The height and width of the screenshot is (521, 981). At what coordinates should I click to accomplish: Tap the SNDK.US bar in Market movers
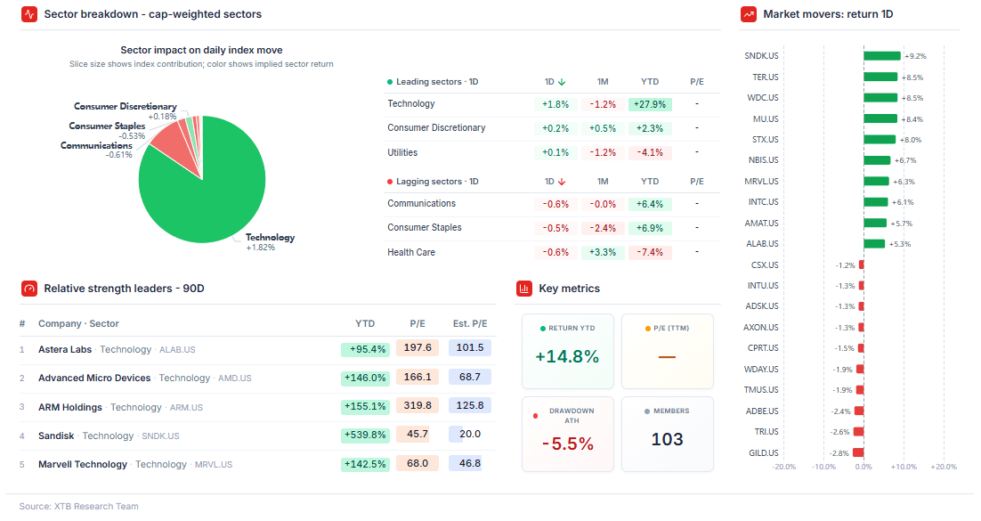click(x=882, y=56)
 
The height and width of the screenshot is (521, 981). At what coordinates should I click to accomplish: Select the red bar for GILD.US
click(x=858, y=452)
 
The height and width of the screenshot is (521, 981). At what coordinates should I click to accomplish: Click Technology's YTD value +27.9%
click(x=650, y=104)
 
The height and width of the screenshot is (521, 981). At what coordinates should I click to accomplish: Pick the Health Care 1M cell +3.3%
click(x=603, y=252)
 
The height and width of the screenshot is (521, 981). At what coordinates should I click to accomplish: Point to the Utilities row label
click(x=402, y=152)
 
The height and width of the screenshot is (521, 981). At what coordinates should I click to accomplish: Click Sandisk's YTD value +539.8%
click(x=365, y=435)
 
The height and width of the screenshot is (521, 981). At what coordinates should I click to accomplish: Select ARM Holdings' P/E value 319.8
click(x=418, y=406)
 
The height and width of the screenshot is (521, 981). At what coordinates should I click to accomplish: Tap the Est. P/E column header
click(x=470, y=324)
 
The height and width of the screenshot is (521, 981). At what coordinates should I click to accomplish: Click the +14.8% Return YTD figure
click(x=567, y=356)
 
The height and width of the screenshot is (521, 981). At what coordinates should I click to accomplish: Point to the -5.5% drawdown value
click(x=567, y=444)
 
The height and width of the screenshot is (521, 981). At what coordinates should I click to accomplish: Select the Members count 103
click(x=667, y=440)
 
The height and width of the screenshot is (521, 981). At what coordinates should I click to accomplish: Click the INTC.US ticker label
click(x=763, y=201)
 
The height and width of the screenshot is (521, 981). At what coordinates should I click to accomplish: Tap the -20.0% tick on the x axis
click(x=784, y=467)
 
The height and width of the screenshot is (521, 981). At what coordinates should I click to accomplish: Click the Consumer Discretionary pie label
click(x=126, y=107)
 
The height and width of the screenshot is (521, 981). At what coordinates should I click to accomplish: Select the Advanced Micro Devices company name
click(x=94, y=379)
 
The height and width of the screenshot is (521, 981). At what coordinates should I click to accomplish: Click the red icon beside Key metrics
click(x=524, y=289)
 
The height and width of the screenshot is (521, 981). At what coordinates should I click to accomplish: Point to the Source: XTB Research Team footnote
click(x=79, y=506)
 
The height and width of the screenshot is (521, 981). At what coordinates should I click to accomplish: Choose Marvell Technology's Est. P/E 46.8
click(x=470, y=463)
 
